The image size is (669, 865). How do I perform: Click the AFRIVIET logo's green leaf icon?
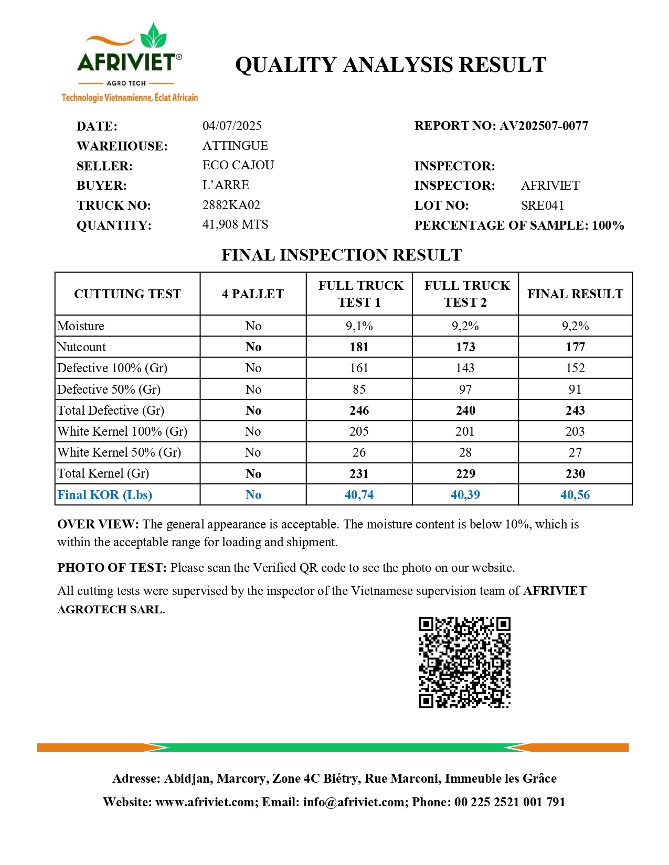click(153, 37)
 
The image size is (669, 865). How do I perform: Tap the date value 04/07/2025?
click(232, 126)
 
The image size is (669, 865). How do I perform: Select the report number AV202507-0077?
click(544, 126)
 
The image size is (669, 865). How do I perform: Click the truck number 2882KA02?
click(231, 205)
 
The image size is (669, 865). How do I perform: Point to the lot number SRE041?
click(542, 206)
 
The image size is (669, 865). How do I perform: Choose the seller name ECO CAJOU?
click(238, 165)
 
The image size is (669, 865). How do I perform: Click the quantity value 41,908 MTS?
click(235, 224)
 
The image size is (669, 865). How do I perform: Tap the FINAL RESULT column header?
click(575, 294)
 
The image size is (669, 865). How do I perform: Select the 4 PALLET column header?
click(253, 294)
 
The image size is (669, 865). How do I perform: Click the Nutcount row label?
click(82, 347)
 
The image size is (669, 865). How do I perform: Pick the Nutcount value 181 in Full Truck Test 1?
click(359, 347)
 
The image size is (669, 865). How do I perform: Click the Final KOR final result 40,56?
click(575, 495)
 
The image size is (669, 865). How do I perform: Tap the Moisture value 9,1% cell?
click(359, 326)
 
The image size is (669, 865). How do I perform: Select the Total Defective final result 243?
click(575, 410)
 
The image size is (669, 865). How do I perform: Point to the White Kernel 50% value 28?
click(465, 452)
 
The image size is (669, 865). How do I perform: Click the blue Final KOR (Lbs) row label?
click(105, 495)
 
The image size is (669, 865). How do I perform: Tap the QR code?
click(464, 663)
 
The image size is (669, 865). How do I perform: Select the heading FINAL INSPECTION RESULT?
click(342, 255)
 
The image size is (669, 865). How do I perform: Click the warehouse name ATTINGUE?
click(235, 146)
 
